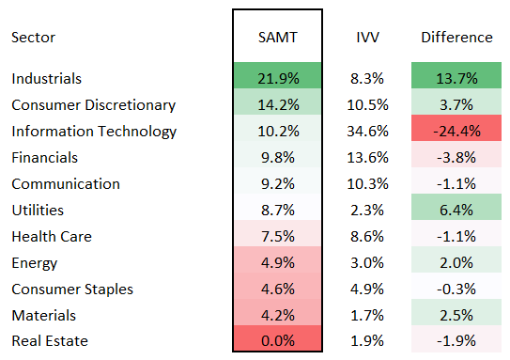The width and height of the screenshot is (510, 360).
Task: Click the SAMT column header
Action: point(277,38)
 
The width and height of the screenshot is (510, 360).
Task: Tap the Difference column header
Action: point(456,38)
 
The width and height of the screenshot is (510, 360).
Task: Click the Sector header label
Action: point(33,38)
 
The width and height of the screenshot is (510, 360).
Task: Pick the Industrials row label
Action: point(47,78)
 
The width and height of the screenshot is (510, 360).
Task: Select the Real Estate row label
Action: point(43,341)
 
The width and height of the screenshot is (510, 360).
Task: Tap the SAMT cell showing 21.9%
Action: point(277,78)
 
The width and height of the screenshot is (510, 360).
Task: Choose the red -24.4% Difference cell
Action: point(456,131)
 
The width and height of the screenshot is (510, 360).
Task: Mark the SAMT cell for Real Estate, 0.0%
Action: point(277,341)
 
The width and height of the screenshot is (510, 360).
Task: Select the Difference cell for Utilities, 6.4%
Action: point(456,210)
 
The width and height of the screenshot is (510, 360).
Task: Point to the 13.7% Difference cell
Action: point(456,78)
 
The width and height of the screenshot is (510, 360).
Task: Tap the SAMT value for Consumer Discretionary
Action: point(277,104)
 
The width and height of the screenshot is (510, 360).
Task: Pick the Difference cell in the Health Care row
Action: point(456,236)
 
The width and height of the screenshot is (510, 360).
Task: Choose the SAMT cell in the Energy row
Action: point(277,262)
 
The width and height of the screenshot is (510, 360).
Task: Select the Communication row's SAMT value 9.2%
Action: point(277,183)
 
